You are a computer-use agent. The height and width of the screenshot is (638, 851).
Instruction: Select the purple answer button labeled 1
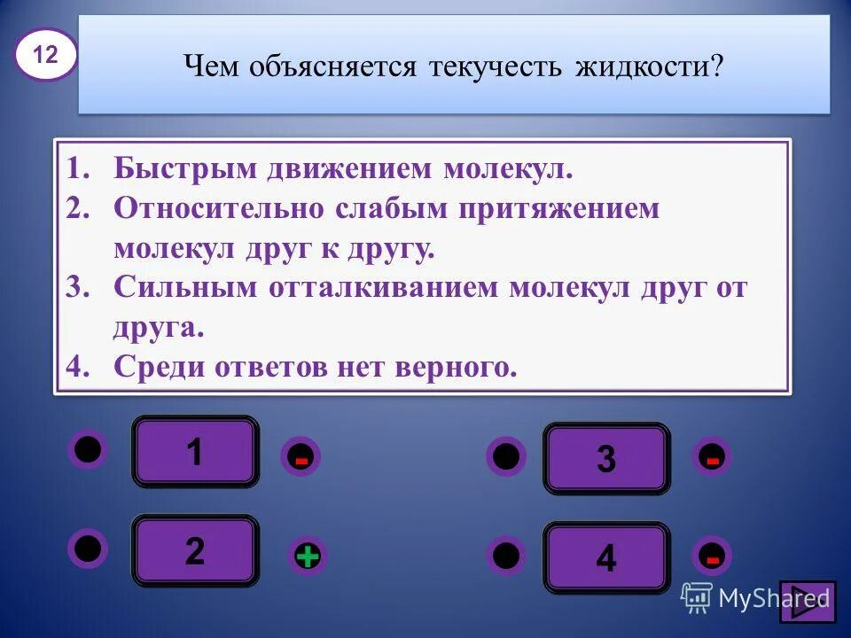(195, 452)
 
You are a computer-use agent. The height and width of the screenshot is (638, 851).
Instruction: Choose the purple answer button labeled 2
(195, 551)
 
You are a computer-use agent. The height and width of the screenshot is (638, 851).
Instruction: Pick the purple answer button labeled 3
(606, 459)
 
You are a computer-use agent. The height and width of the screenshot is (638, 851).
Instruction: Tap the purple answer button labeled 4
(606, 558)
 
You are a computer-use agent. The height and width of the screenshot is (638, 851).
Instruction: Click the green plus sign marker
(307, 556)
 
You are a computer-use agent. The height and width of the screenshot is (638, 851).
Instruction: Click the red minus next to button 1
(301, 459)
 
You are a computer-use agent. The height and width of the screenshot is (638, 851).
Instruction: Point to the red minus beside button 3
(712, 457)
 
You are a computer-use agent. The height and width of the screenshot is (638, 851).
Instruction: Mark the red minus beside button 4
(712, 556)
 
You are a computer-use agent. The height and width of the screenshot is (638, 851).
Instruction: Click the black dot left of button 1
(88, 449)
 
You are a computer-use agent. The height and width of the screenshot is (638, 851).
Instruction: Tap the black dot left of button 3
(505, 456)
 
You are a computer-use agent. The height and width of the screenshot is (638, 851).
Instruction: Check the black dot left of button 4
(505, 556)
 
